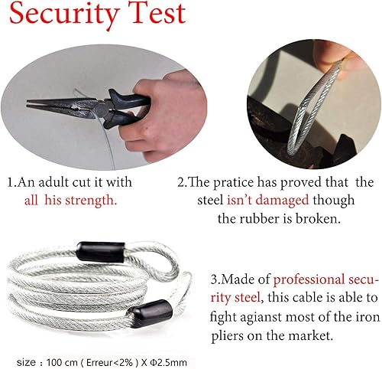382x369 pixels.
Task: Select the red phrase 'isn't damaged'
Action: (260, 201)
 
